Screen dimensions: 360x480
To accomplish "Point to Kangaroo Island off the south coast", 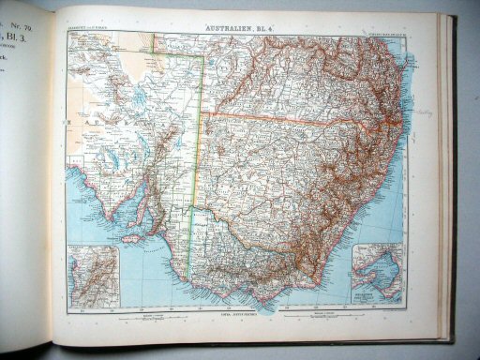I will [132, 238].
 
